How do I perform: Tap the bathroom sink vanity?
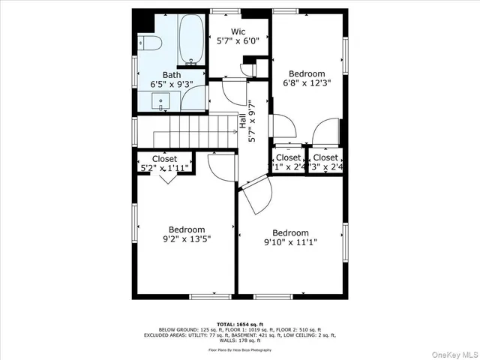[162, 100]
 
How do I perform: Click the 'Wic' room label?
[238, 31]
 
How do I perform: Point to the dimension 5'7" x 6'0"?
[238, 42]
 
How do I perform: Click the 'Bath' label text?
[172, 75]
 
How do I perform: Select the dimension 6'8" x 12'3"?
[307, 84]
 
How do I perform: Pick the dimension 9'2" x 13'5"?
[186, 240]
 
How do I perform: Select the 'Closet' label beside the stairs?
[165, 159]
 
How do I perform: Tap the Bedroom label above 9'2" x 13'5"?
[186, 229]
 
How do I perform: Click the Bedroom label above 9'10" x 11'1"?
[290, 232]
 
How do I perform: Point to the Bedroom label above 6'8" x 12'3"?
[307, 73]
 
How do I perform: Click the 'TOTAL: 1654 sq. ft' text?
[239, 323]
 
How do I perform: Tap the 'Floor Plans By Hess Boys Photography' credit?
[239, 349]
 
